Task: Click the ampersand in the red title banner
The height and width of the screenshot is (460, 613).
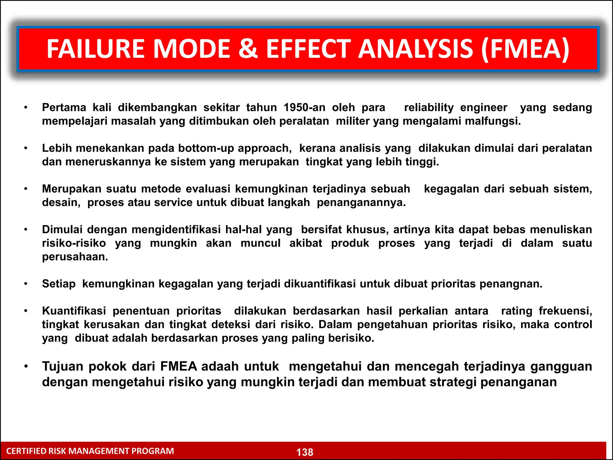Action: click(x=248, y=49)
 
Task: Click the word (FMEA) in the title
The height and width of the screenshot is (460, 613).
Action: click(x=525, y=49)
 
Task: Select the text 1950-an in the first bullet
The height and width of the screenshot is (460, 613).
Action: click(x=304, y=108)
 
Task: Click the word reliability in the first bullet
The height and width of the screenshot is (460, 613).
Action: click(x=429, y=108)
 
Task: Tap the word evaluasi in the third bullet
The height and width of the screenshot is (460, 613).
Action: click(x=208, y=189)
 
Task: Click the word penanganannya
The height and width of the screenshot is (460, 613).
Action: click(x=361, y=202)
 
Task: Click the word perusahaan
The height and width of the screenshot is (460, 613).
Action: click(x=75, y=257)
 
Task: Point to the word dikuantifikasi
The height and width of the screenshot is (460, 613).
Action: click(x=320, y=284)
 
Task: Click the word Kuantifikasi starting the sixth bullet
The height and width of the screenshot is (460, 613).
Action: click(x=74, y=311)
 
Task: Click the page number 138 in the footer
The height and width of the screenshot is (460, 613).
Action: click(x=305, y=452)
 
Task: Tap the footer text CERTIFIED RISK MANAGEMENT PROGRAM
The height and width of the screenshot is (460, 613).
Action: click(x=90, y=451)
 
